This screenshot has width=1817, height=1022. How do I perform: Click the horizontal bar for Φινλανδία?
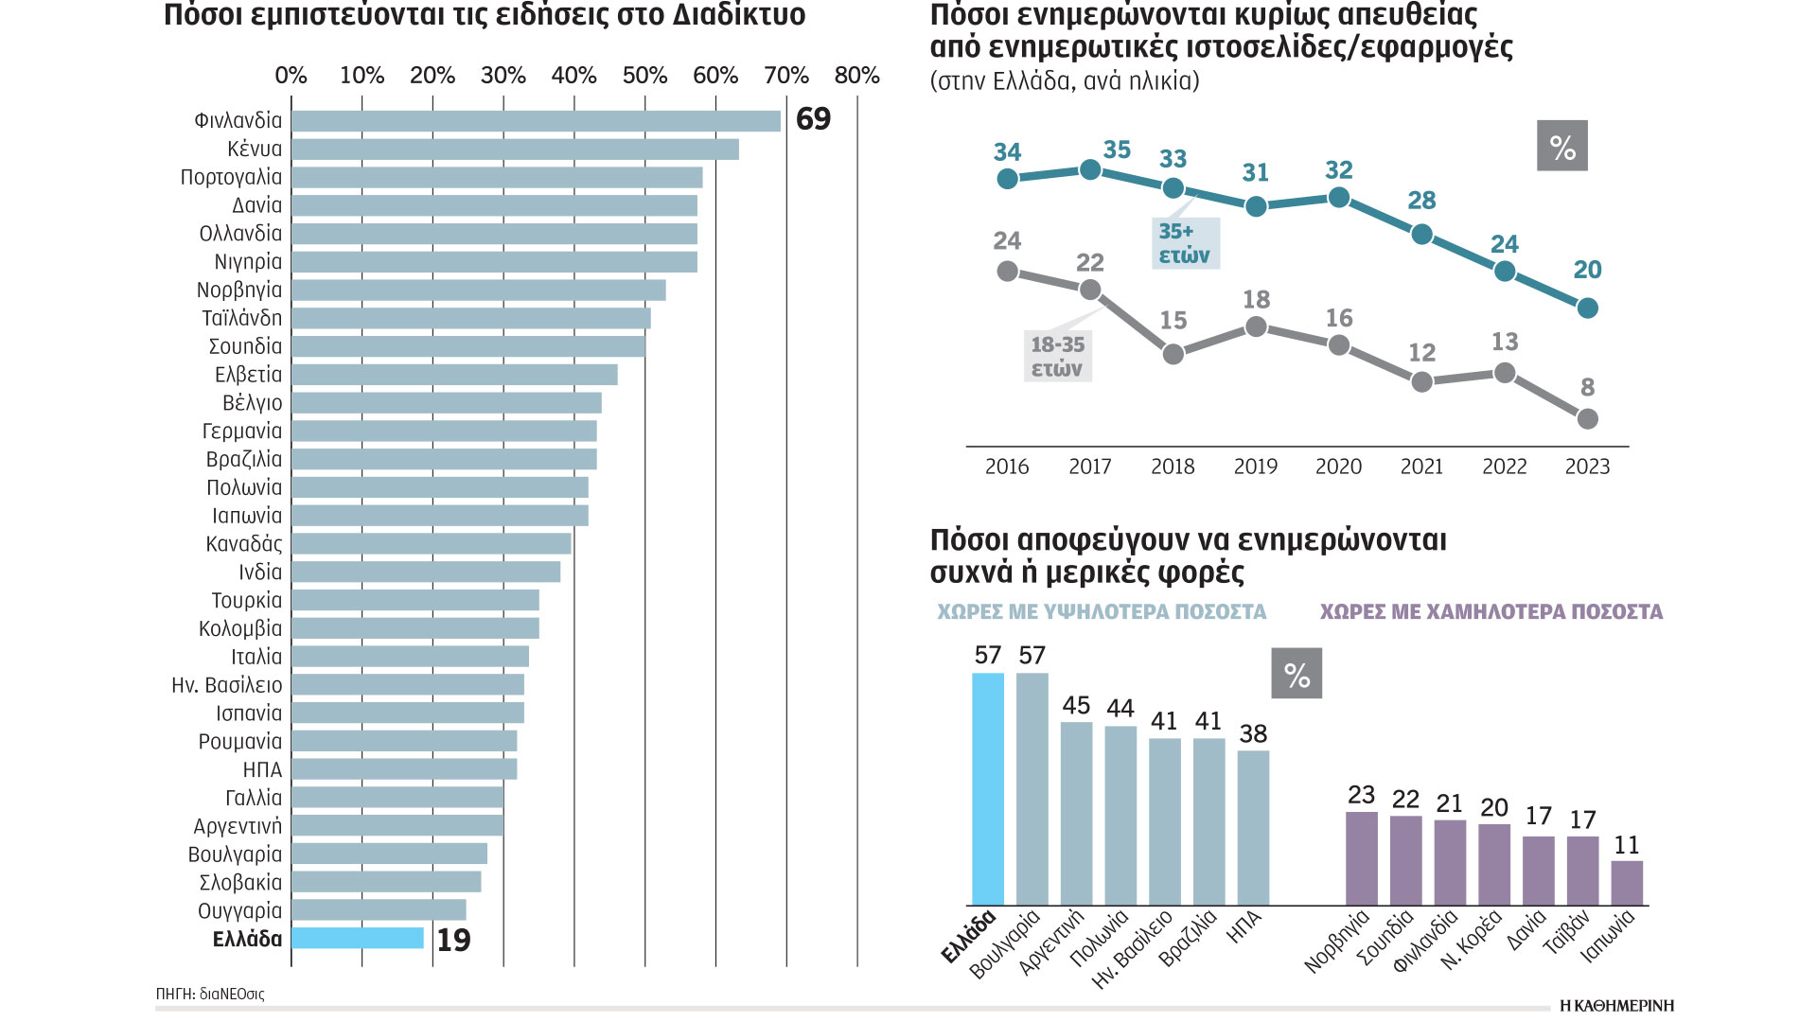(x=536, y=120)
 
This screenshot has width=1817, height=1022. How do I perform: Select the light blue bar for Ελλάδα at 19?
(x=358, y=938)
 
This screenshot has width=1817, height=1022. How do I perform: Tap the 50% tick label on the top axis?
(x=644, y=76)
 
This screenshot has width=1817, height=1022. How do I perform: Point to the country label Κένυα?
(x=255, y=149)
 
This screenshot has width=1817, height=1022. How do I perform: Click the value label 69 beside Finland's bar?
(x=813, y=119)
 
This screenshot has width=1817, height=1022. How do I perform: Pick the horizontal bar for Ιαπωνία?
(x=440, y=516)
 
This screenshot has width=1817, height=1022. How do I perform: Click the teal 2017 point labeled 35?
(x=1090, y=169)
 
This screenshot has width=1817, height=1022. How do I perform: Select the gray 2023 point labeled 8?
(x=1588, y=418)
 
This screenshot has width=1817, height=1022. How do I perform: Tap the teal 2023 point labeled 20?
(x=1588, y=308)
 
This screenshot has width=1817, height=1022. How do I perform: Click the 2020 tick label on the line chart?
(x=1338, y=467)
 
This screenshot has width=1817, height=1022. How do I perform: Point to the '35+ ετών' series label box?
(x=1185, y=243)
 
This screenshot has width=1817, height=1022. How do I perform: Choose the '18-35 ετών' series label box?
(x=1058, y=357)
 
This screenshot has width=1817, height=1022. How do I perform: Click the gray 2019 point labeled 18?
(x=1256, y=326)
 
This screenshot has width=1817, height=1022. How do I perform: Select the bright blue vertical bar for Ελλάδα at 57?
(x=988, y=788)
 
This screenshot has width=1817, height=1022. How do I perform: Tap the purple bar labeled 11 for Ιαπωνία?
(x=1627, y=883)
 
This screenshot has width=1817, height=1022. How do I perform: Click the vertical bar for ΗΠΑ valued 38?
(x=1253, y=828)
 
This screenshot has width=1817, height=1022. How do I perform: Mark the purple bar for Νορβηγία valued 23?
(x=1362, y=858)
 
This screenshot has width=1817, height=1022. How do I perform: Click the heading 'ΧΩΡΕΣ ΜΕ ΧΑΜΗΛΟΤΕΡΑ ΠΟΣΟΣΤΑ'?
(x=1491, y=612)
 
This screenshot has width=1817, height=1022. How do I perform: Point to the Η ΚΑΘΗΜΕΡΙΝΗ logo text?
(x=1616, y=1005)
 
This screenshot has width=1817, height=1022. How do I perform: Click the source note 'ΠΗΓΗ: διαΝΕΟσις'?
(x=210, y=995)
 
